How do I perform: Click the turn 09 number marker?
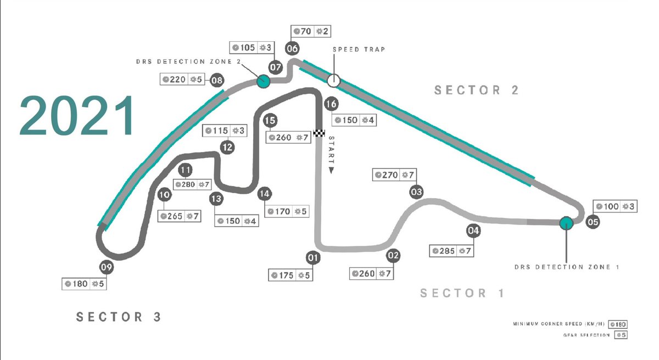point(107,268)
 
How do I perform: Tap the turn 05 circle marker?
point(593,222)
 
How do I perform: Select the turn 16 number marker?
point(331,103)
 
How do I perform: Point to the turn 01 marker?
point(313,257)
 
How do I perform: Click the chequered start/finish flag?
point(320,133)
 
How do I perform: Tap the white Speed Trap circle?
point(333,81)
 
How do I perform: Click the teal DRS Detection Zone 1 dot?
point(566,223)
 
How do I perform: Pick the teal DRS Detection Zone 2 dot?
point(263,82)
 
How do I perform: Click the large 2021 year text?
point(77,116)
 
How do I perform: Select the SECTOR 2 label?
point(476,90)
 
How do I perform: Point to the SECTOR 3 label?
point(119,317)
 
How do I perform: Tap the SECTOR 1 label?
point(462,293)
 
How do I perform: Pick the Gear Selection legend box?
point(621,335)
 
